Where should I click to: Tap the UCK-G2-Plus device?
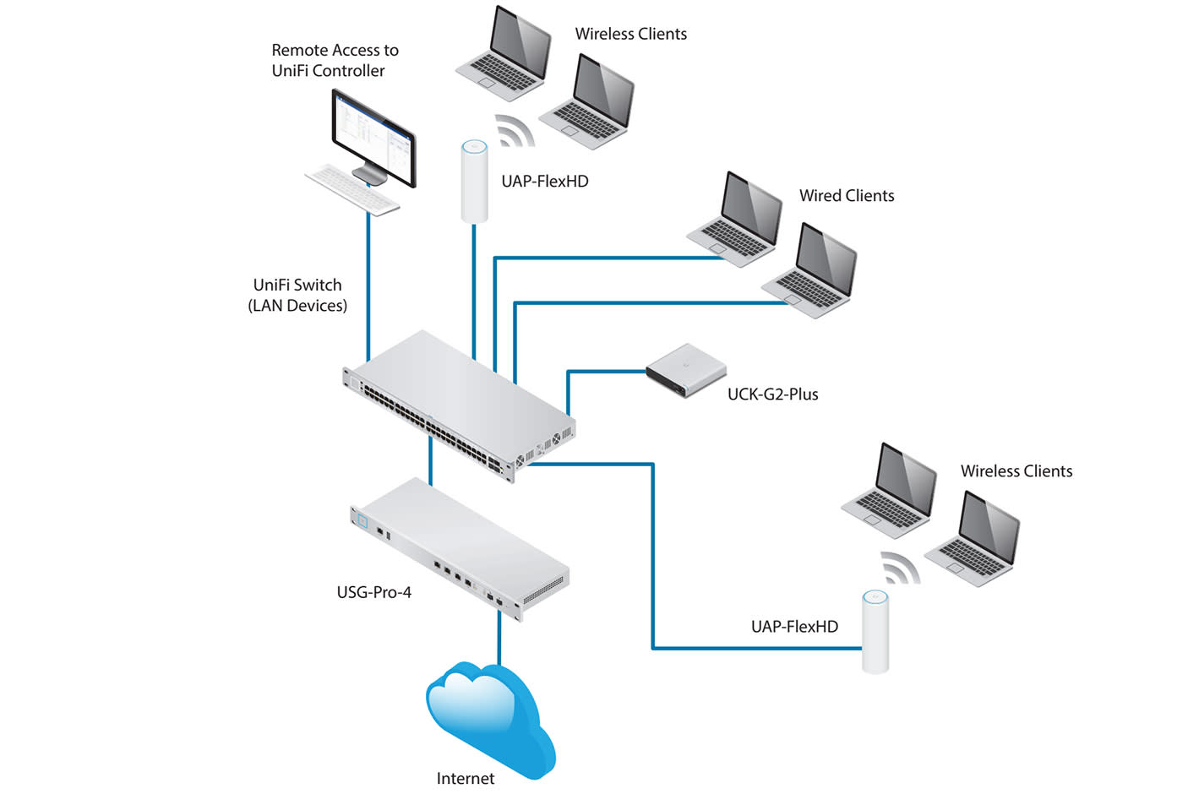(x=686, y=370)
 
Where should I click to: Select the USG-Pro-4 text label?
(x=373, y=592)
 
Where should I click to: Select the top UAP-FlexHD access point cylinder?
(x=474, y=182)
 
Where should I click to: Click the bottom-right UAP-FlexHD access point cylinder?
(x=875, y=631)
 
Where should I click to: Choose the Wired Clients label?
(x=846, y=196)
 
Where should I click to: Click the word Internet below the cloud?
(x=465, y=778)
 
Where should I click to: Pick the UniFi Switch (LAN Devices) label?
(x=297, y=296)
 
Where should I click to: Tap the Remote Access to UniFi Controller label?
(x=335, y=61)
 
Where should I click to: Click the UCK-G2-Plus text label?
(x=772, y=394)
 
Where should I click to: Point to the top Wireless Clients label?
(x=630, y=34)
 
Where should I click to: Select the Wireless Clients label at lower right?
(x=1016, y=471)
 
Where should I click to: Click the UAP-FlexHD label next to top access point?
(x=544, y=182)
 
